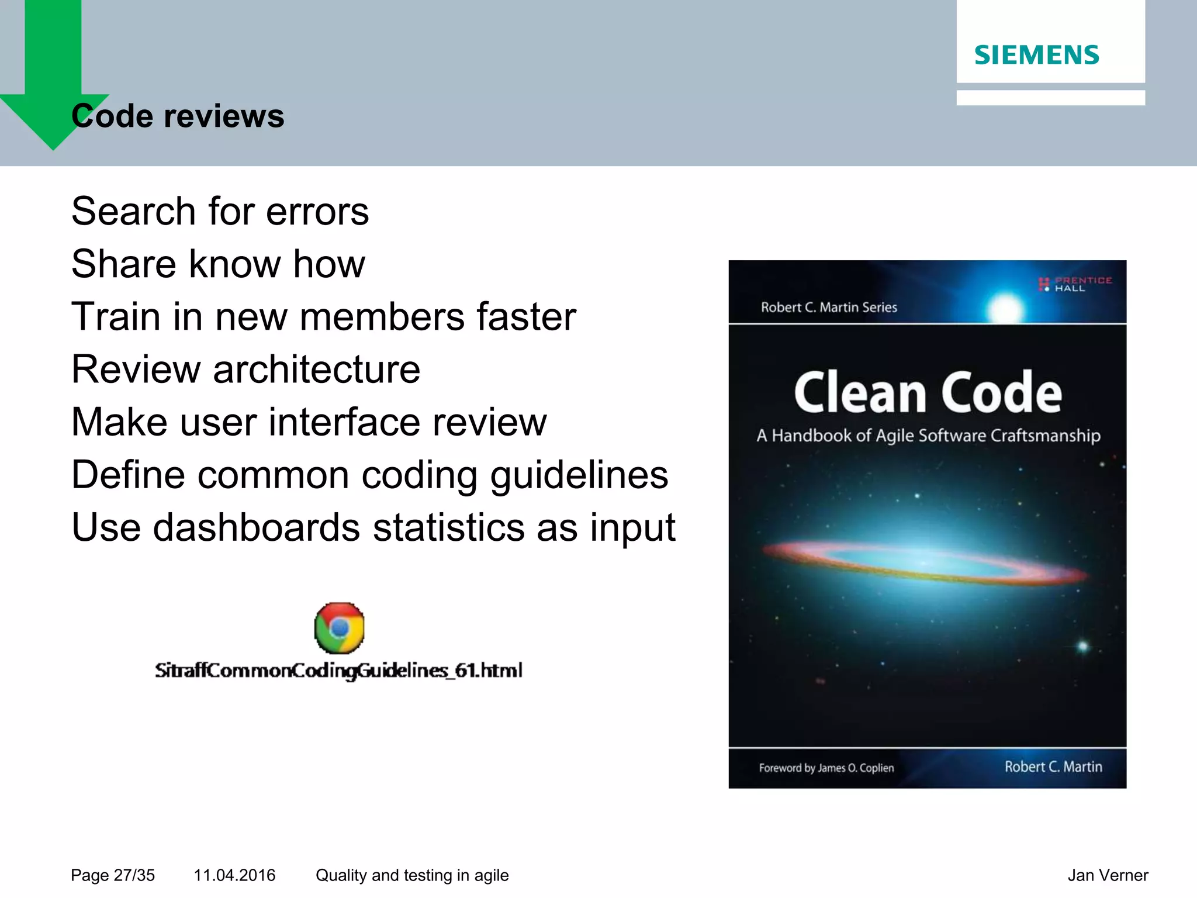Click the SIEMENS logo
(x=1036, y=55)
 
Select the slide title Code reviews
(x=178, y=116)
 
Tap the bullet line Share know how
(x=218, y=264)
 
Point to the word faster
(x=526, y=316)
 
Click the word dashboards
(x=257, y=527)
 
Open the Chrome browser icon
(x=339, y=628)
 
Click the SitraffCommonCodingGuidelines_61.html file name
(x=338, y=670)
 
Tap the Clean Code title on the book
(x=928, y=393)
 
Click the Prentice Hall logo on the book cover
(x=1074, y=284)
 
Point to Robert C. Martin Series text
(x=828, y=308)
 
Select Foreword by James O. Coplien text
(x=826, y=768)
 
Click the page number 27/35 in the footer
(x=134, y=875)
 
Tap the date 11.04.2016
(x=234, y=875)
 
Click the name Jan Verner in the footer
(x=1108, y=875)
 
